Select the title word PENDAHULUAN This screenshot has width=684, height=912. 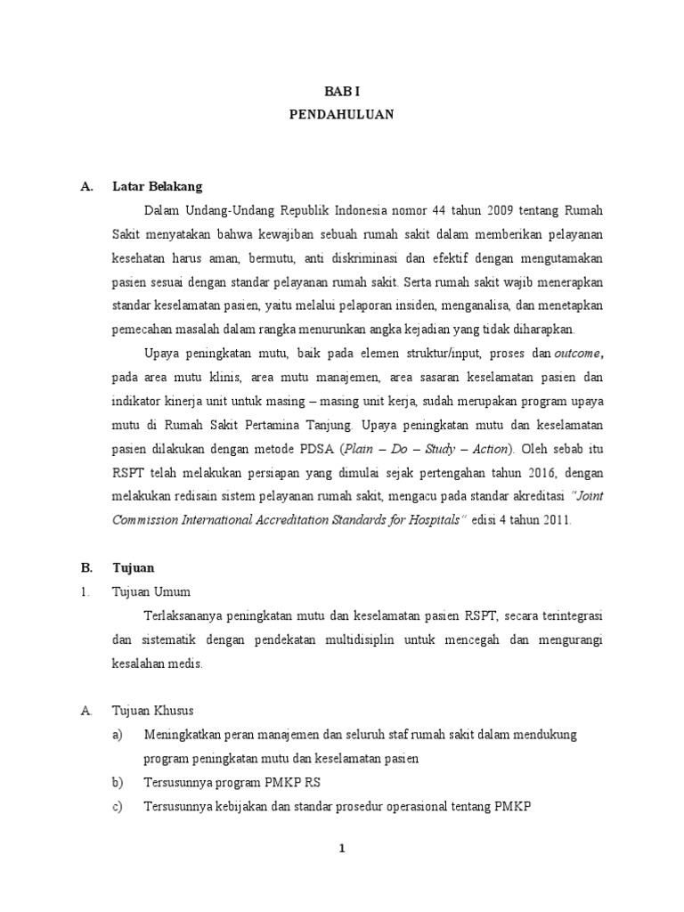341,115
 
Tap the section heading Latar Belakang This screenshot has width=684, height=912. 158,186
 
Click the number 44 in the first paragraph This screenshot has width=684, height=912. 438,210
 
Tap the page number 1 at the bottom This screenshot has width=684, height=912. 341,850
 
